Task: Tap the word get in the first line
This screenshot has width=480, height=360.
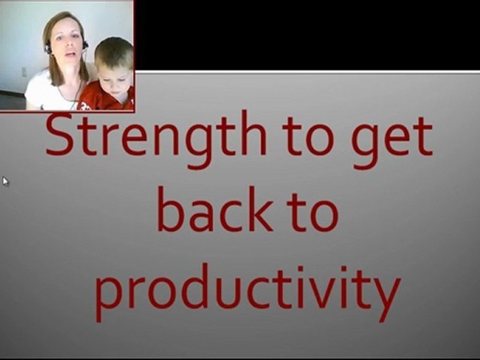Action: (x=392, y=142)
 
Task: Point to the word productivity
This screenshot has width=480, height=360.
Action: (x=248, y=292)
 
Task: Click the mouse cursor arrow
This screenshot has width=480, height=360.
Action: (x=6, y=181)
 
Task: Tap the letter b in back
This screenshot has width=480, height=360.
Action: (x=170, y=209)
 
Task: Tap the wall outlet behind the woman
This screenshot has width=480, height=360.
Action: (x=24, y=72)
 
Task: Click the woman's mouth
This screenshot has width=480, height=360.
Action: (x=70, y=55)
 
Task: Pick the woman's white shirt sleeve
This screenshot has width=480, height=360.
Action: (x=34, y=92)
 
